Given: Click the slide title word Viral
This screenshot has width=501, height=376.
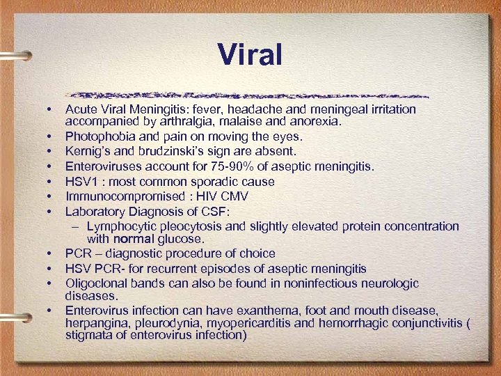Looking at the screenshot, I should point(250,54).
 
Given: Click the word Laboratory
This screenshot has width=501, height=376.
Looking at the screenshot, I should point(95,211).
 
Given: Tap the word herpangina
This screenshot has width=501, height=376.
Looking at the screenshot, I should point(96,323).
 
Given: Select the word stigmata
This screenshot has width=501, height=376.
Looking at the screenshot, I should point(89,335).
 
